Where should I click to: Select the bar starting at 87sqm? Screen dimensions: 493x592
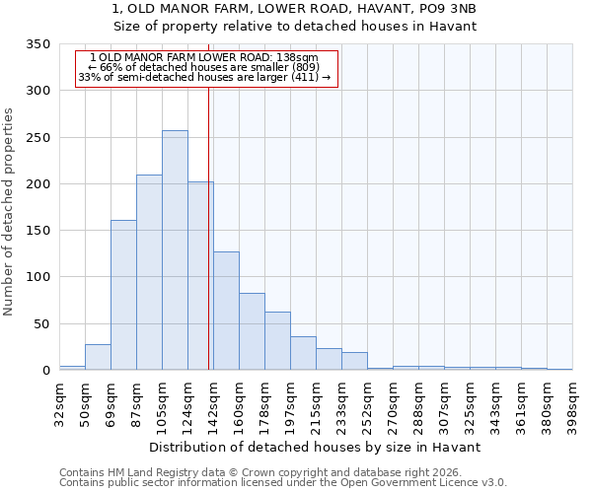[x=149, y=272]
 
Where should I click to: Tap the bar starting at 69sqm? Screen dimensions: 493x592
[x=123, y=295]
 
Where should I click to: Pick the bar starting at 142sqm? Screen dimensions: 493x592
[x=226, y=311]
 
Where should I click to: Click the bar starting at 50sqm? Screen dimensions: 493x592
[x=98, y=357]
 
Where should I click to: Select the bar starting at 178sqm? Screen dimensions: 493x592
[x=277, y=341]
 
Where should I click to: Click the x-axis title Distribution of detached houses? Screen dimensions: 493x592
[x=316, y=447]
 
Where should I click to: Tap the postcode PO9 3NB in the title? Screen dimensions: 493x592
[x=450, y=9]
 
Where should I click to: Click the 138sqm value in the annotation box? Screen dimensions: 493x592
[x=298, y=58]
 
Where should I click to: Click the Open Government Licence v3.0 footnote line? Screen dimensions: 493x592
[x=283, y=482]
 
